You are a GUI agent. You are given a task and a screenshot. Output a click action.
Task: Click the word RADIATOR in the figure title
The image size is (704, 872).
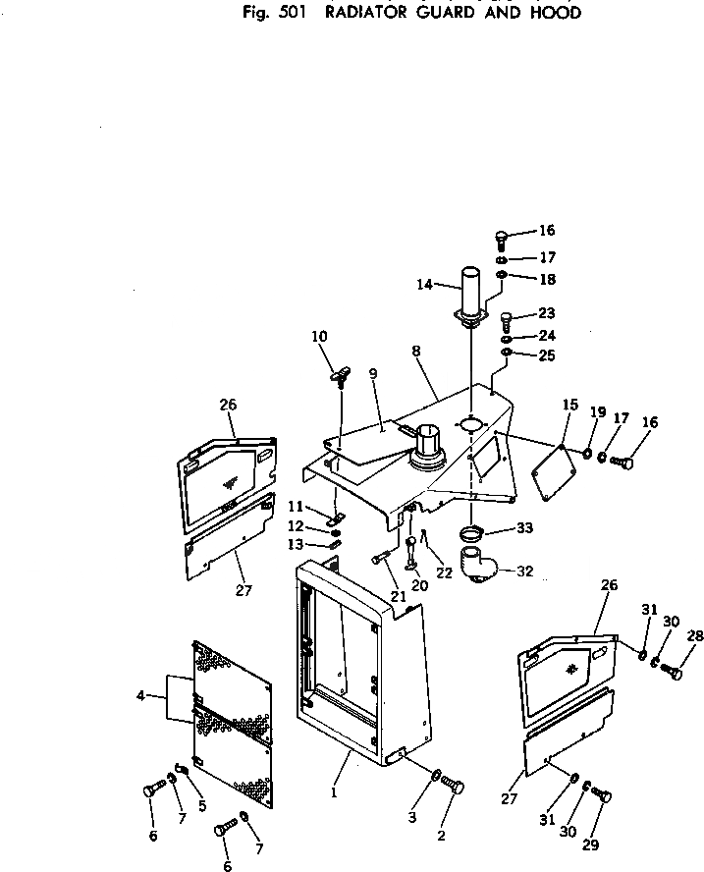tap(366, 12)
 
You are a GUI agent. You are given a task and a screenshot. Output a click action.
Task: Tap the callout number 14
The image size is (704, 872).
tap(424, 285)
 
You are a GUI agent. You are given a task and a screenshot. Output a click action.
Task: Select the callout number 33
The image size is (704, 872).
tap(524, 527)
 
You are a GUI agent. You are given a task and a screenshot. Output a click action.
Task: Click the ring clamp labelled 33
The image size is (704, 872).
tap(471, 534)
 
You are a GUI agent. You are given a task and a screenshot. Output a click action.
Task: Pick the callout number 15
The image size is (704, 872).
tap(570, 405)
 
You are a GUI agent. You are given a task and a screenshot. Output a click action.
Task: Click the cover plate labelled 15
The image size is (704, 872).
tap(555, 471)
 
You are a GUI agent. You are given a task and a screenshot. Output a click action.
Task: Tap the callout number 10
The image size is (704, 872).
tap(319, 336)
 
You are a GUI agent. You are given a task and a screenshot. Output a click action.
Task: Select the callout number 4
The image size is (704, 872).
tap(140, 695)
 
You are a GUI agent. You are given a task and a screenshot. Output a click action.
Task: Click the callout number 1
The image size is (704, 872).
tap(334, 792)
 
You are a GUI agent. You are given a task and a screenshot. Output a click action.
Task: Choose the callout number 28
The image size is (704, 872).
tap(695, 635)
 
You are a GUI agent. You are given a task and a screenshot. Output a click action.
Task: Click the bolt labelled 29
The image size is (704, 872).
tap(601, 794)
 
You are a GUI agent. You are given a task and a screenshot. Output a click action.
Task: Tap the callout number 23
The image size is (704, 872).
tap(547, 313)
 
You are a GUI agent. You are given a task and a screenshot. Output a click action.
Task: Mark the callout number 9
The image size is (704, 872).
tap(372, 374)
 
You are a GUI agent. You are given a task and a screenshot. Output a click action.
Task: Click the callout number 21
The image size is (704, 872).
tap(399, 596)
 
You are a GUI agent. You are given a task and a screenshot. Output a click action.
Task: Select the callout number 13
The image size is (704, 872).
tap(296, 544)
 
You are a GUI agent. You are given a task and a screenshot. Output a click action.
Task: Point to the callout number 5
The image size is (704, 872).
tap(202, 804)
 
